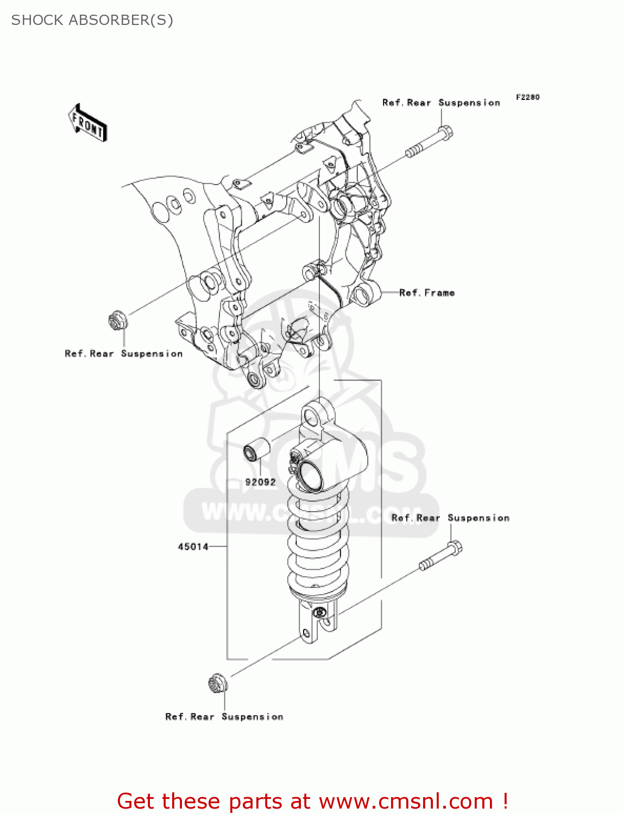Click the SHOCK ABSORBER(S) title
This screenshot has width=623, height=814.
[x=92, y=20]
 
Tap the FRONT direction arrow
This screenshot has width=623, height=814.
[x=87, y=123]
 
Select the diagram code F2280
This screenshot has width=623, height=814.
[x=527, y=97]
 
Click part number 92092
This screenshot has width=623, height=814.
[x=260, y=482]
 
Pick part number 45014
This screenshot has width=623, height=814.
[x=193, y=546]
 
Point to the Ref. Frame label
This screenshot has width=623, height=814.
[x=426, y=293]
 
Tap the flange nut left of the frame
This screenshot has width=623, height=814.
[x=117, y=321]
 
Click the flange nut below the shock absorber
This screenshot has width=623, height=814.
[x=217, y=684]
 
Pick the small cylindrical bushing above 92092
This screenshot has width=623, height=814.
[x=256, y=449]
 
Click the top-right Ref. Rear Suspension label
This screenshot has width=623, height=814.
[x=441, y=103]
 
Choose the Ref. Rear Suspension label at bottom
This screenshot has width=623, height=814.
[x=224, y=717]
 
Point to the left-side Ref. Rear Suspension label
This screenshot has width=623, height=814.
[x=123, y=354]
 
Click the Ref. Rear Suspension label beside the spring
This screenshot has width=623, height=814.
[x=450, y=518]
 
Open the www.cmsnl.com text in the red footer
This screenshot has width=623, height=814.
[x=405, y=801]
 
